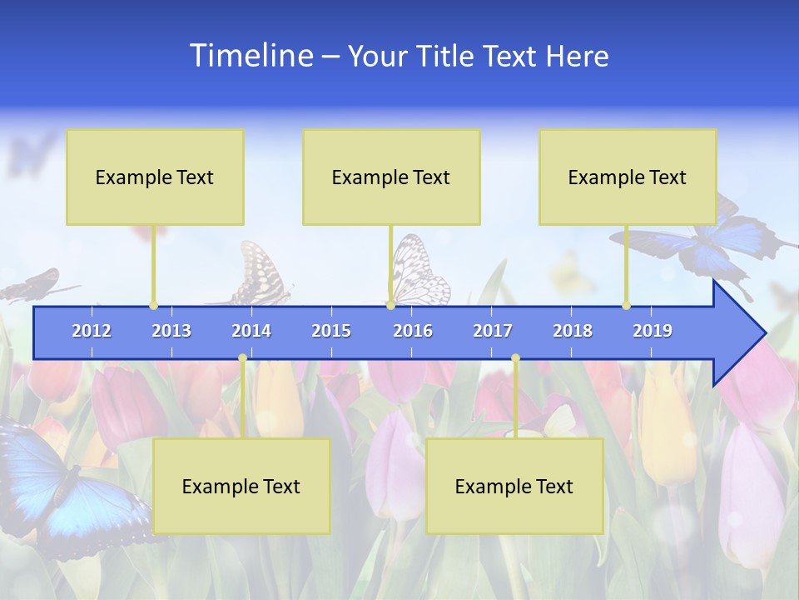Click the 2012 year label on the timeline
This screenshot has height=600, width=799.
click(x=92, y=331)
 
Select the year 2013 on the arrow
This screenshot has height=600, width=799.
click(x=171, y=331)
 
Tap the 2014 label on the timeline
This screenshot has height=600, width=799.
click(x=251, y=331)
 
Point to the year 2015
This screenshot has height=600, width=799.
click(x=331, y=331)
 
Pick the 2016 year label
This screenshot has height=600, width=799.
click(x=413, y=331)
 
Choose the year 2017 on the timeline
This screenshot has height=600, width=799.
click(x=493, y=331)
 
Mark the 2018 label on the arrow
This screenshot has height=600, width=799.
click(x=573, y=331)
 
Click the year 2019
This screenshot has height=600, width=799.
click(x=653, y=331)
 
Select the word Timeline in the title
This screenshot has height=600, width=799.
click(x=250, y=56)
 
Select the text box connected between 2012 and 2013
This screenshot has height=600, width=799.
click(x=155, y=177)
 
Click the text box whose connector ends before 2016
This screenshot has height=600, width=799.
click(x=391, y=177)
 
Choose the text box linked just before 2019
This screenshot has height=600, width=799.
click(x=628, y=177)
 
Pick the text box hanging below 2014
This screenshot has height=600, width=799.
click(x=241, y=486)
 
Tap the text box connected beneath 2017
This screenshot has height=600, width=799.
click(x=514, y=486)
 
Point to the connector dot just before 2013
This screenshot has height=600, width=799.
click(x=154, y=305)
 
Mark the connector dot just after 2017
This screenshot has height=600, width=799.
click(x=515, y=358)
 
